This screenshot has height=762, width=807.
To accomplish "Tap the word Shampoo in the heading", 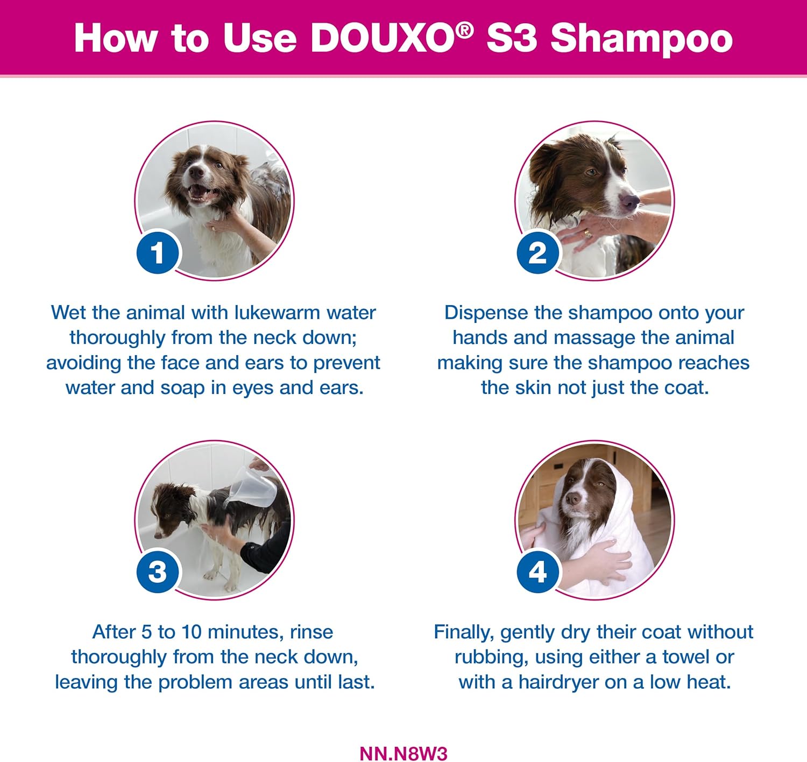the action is tap(642, 39).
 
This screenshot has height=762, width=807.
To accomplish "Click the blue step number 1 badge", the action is tap(158, 252).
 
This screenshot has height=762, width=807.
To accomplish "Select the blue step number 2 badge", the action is tap(537, 252).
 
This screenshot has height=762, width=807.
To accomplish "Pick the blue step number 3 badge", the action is tap(158, 571).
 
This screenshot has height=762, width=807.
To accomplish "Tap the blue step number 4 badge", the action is tap(537, 571).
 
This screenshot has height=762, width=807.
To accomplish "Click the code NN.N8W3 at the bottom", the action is tap(403, 753).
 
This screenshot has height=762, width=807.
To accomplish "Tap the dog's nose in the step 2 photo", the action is tap(630, 201).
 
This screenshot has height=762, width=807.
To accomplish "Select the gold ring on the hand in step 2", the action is tap(587, 234).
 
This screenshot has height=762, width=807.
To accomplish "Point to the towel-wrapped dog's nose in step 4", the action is tap(573, 498).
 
